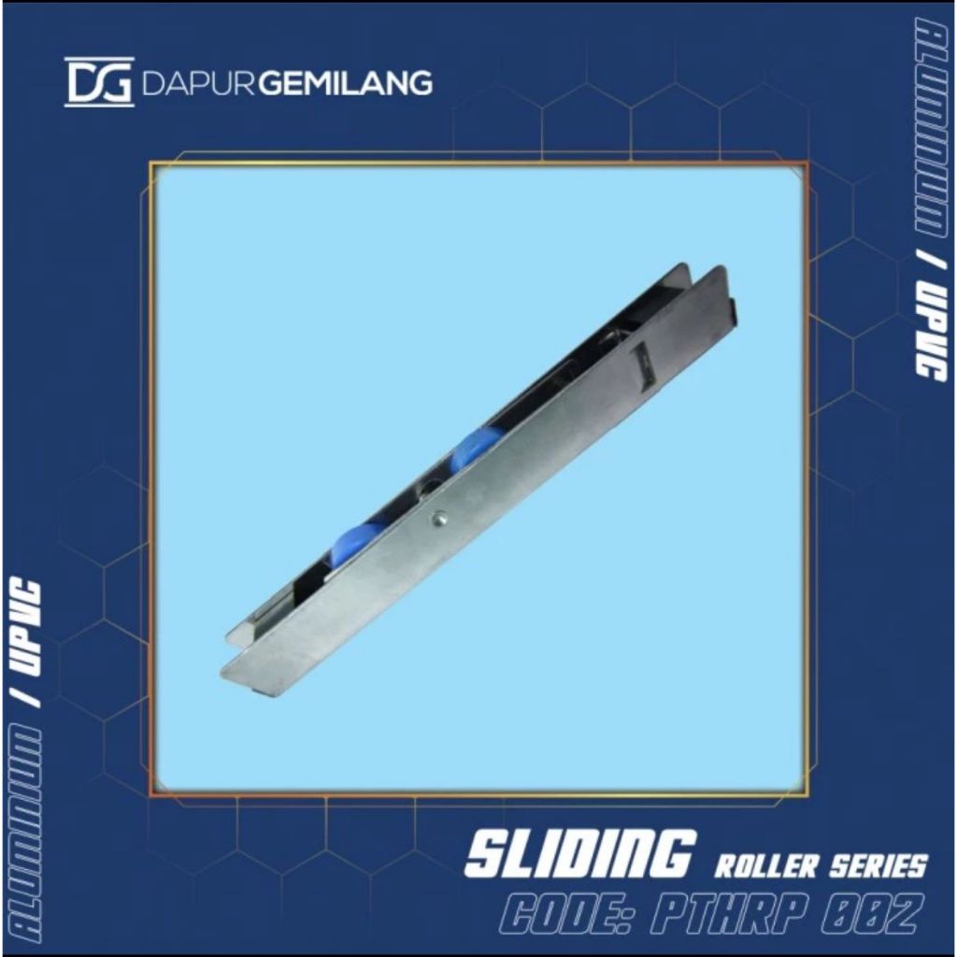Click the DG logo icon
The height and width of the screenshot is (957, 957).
[98, 82]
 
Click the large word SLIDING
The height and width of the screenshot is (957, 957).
[578, 854]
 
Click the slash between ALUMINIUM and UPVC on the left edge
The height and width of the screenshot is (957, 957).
[30, 704]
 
